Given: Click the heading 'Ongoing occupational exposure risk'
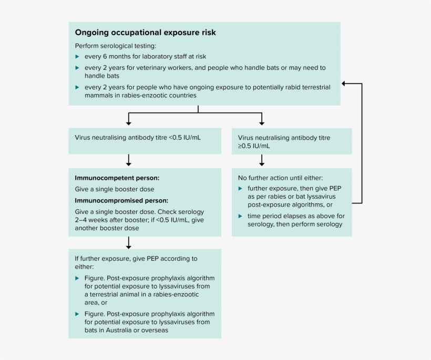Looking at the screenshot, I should (145, 33).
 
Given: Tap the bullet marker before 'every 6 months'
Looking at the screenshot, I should (77, 56).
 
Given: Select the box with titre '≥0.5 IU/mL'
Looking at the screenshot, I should (292, 142).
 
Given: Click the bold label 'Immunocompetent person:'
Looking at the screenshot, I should (117, 178).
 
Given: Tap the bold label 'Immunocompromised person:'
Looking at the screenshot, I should (121, 200).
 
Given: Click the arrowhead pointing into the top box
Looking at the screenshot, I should (344, 84).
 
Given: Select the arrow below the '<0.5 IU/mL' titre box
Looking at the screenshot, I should (129, 161).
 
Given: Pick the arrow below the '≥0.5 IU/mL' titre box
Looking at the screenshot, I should (262, 161).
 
